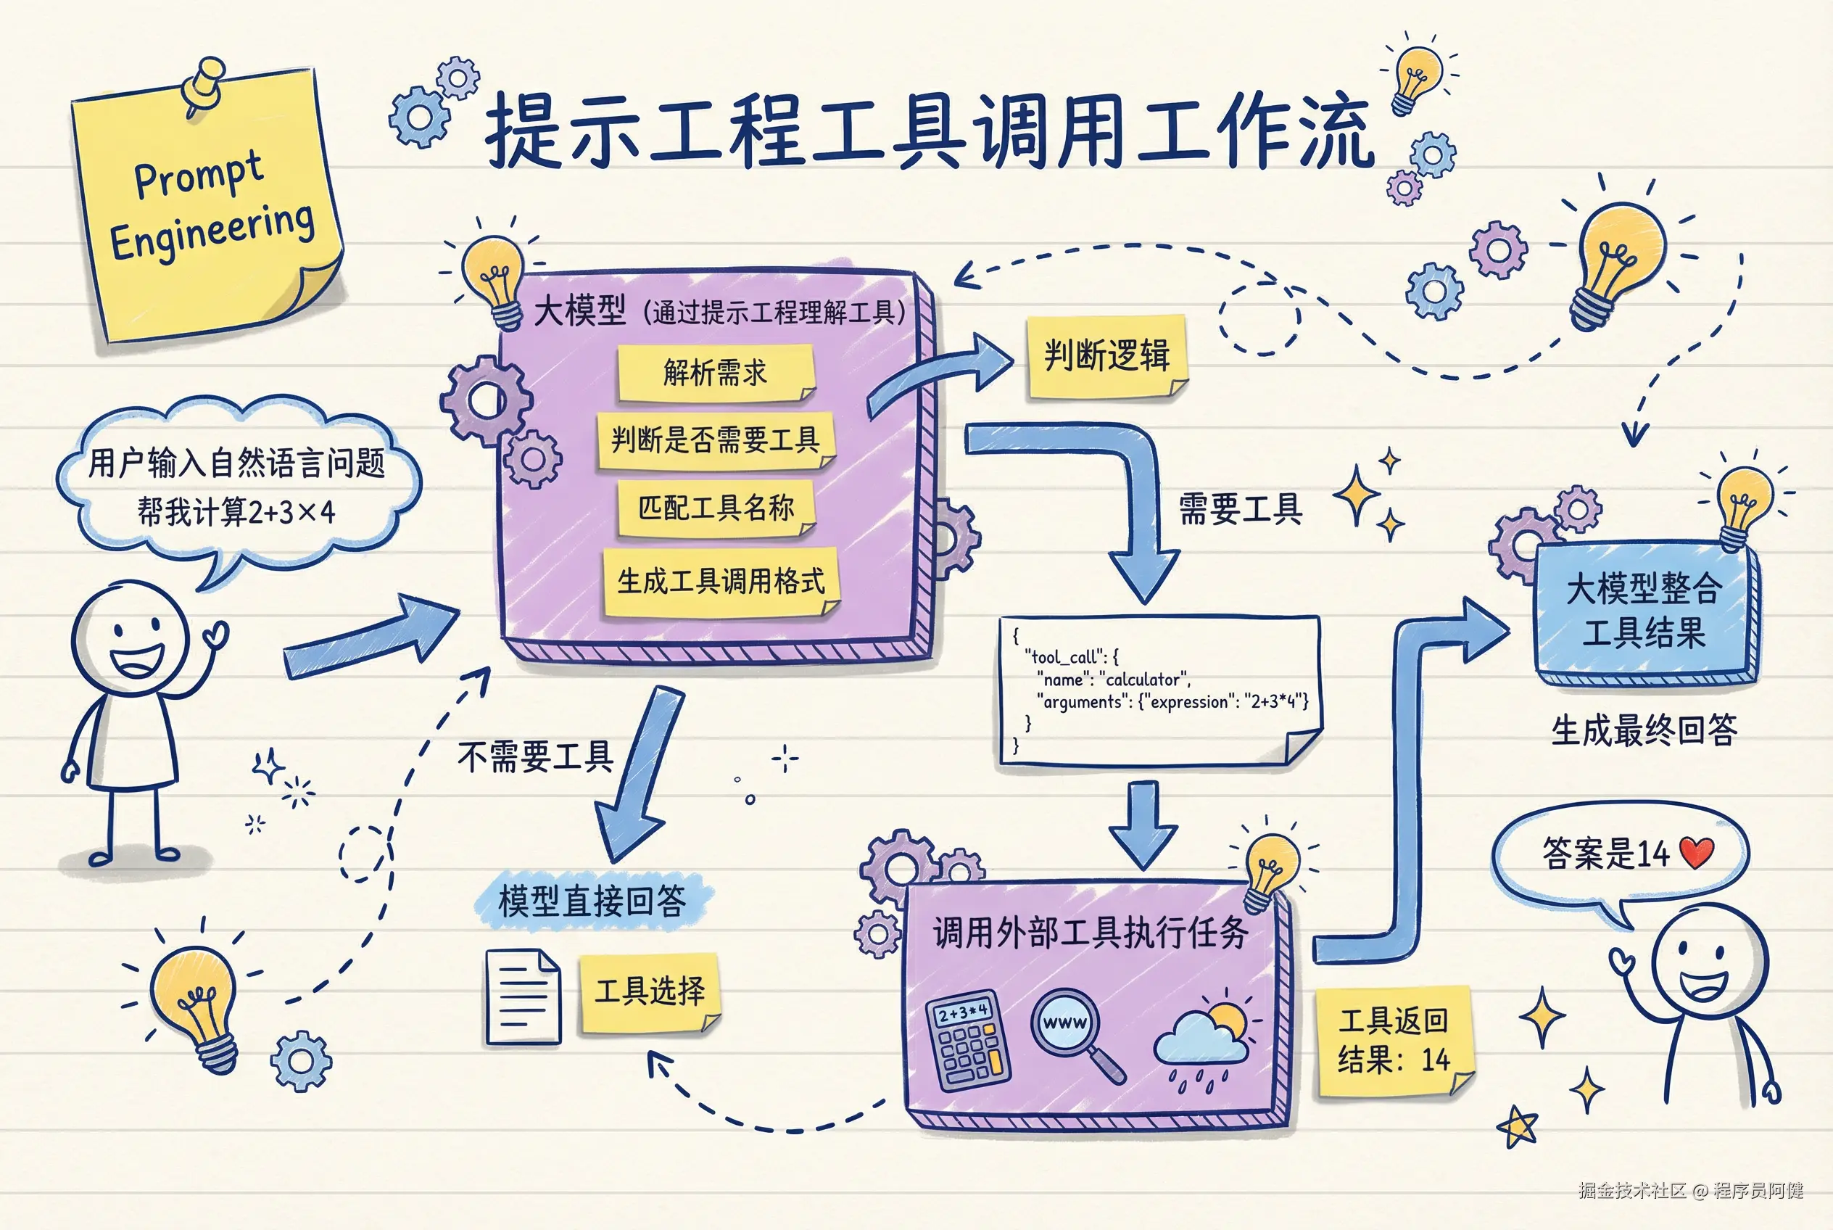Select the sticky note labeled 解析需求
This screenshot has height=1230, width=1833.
pyautogui.click(x=716, y=373)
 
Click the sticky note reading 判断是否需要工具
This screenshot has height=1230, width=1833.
pyautogui.click(x=716, y=440)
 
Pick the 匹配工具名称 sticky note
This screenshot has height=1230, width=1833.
pyautogui.click(x=716, y=508)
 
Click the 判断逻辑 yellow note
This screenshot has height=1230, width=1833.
pyautogui.click(x=1106, y=356)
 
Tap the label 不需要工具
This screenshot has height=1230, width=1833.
pyautogui.click(x=535, y=758)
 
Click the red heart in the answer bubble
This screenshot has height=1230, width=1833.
pyautogui.click(x=1697, y=853)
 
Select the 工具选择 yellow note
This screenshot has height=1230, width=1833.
pyautogui.click(x=649, y=991)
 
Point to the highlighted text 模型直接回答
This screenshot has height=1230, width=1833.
pyautogui.click(x=592, y=901)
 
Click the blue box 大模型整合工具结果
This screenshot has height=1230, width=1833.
pyautogui.click(x=1644, y=612)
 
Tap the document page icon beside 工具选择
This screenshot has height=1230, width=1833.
pyautogui.click(x=524, y=997)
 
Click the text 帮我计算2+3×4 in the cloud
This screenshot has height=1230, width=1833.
pyautogui.click(x=236, y=512)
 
